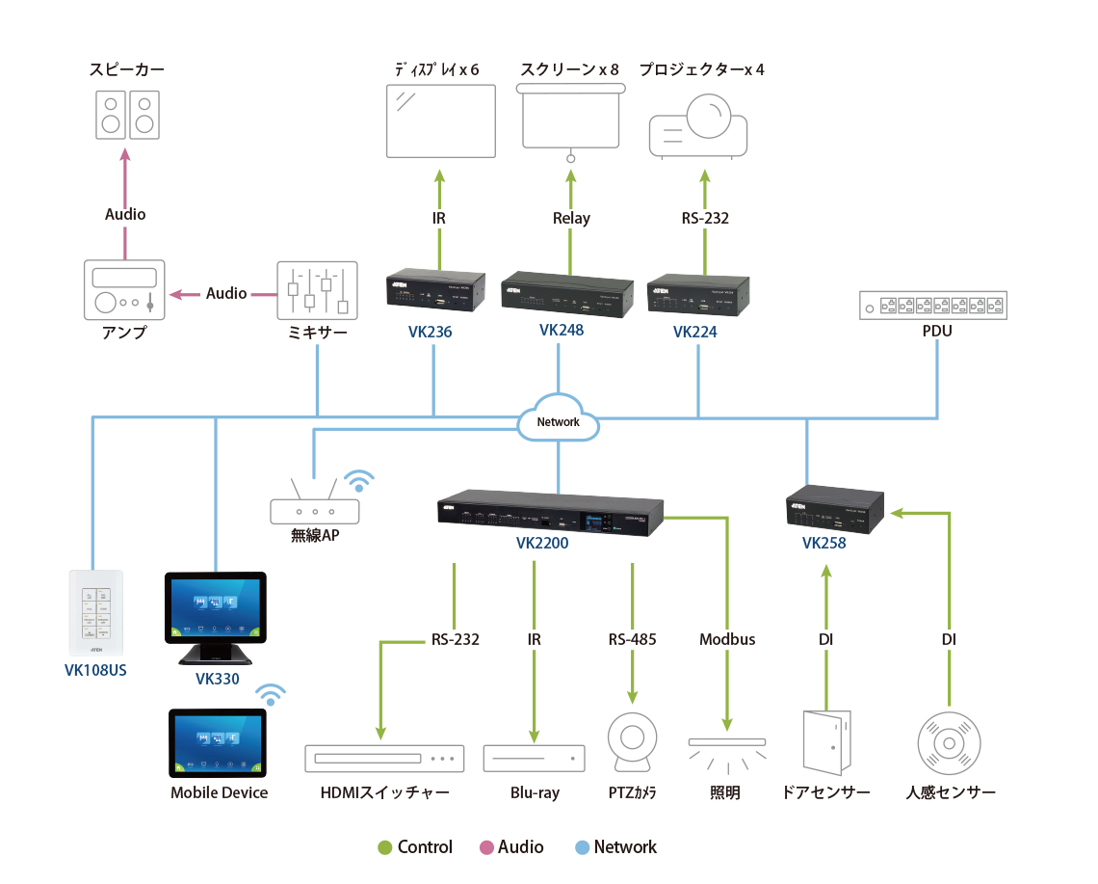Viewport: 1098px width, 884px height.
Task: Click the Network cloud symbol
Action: click(558, 421)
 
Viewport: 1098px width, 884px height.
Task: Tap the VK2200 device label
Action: click(542, 543)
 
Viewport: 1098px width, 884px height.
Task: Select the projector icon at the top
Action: click(699, 123)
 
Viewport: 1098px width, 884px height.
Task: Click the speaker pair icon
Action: click(128, 115)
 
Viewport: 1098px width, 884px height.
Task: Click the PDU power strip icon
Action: click(932, 306)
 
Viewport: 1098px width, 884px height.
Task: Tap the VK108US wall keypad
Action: click(96, 613)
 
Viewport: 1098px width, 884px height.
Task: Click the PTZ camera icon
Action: click(632, 743)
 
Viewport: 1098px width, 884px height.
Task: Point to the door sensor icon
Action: click(826, 743)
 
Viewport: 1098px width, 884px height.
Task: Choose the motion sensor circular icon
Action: click(949, 743)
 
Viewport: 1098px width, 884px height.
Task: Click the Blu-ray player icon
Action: click(534, 758)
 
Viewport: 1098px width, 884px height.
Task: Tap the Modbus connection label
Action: click(727, 639)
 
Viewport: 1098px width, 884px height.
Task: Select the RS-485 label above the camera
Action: click(632, 639)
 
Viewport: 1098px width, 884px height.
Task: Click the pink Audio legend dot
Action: click(487, 847)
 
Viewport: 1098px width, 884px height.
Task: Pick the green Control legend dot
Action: click(385, 847)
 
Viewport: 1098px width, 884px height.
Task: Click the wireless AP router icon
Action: click(314, 508)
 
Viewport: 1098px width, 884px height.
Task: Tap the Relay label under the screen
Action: click(570, 218)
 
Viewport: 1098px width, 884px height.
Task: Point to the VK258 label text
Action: click(824, 543)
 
